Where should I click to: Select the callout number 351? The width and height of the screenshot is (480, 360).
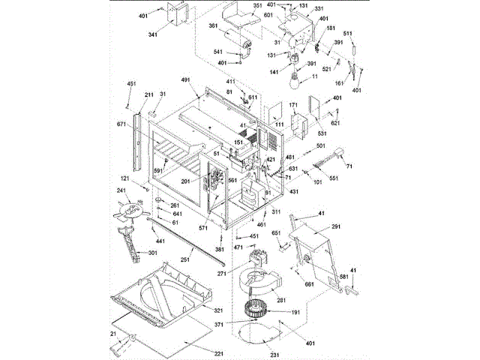tap(257, 6)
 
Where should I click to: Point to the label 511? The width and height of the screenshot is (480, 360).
tap(369, 34)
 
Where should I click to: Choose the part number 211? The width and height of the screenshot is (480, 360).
tap(148, 95)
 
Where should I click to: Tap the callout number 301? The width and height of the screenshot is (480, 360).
tap(152, 253)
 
